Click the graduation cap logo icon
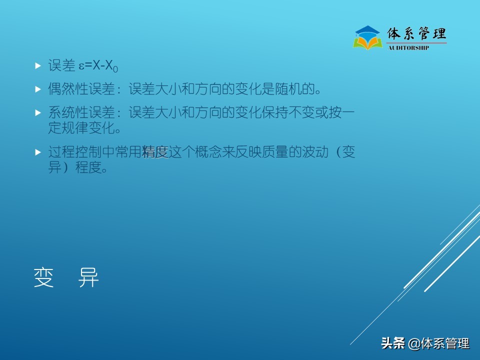[x=367, y=37]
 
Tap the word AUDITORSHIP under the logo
[x=408, y=48]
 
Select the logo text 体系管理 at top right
[x=417, y=34]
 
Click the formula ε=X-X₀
[x=98, y=66]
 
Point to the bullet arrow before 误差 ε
[x=38, y=65]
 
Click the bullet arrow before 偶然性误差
[x=38, y=89]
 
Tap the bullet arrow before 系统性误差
[x=38, y=112]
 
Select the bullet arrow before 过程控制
[x=38, y=151]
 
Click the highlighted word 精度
[x=155, y=152]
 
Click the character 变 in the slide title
[x=44, y=278]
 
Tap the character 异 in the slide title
[x=89, y=278]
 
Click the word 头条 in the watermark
[x=392, y=343]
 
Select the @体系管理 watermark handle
[x=439, y=343]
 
